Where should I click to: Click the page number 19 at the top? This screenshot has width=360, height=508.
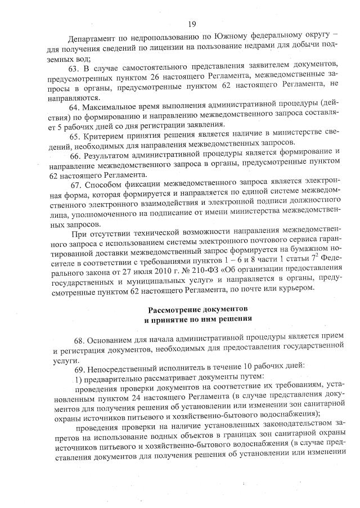coord(192,24)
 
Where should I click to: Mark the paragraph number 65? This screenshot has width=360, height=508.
coord(75,136)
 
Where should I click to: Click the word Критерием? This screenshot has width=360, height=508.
coord(107,136)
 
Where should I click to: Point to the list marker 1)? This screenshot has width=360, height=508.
coord(79,375)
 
